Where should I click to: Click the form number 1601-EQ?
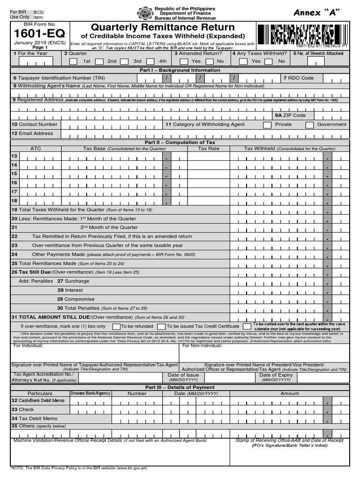pyautogui.click(x=40, y=34)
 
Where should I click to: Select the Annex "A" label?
pyautogui.click(x=316, y=12)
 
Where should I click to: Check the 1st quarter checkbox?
pyautogui.click(x=74, y=61)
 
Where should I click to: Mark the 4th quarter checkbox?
pyautogui.click(x=150, y=61)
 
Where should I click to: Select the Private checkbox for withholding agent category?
pyautogui.click(x=267, y=125)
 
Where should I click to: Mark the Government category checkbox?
pyautogui.click(x=309, y=125)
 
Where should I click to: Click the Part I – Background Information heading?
pyautogui.click(x=180, y=70)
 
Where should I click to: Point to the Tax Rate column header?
pyautogui.click(x=209, y=149)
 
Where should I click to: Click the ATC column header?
pyautogui.click(x=36, y=149)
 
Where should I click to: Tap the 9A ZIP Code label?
pyautogui.click(x=290, y=115)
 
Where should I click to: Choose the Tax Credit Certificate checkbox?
pyautogui.click(x=161, y=326)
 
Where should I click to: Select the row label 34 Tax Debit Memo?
pyautogui.click(x=35, y=418)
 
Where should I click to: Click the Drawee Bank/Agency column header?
pyautogui.click(x=90, y=393)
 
